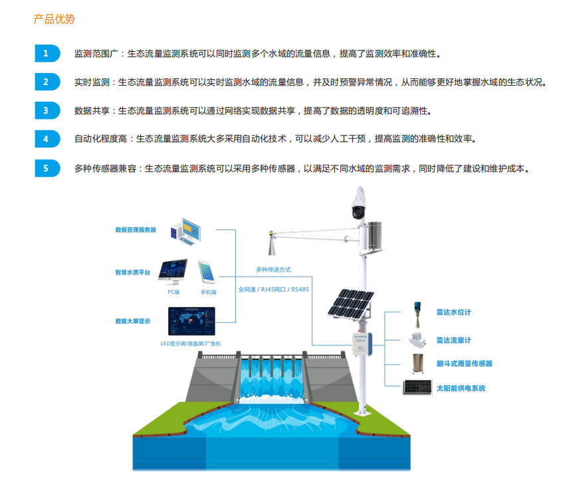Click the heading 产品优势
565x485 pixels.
(55, 19)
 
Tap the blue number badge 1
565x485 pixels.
(46, 54)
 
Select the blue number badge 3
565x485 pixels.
(46, 111)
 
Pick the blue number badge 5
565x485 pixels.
(46, 168)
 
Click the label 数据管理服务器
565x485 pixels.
(136, 230)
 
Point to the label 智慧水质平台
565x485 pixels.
(133, 272)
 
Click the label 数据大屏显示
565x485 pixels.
(133, 322)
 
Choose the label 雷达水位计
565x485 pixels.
(453, 312)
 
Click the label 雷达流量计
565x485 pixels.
(453, 340)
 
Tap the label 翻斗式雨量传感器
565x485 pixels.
(464, 364)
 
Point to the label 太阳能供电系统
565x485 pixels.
(461, 388)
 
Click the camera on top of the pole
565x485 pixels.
(359, 203)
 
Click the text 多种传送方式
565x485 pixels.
(273, 270)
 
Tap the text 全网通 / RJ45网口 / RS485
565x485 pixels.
(273, 290)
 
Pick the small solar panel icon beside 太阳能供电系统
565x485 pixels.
(417, 387)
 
